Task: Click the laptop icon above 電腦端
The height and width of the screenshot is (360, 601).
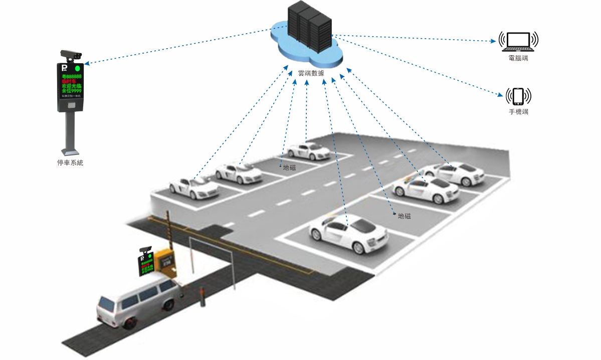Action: tap(518, 41)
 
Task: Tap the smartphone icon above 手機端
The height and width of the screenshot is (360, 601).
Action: tap(518, 95)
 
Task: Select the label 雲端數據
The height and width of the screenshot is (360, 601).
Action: tap(311, 73)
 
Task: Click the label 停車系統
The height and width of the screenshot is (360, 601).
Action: tap(70, 162)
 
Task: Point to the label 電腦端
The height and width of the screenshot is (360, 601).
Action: tap(518, 59)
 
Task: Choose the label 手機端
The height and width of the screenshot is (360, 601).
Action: tap(518, 112)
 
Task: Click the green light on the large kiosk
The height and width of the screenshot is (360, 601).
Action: tap(77, 68)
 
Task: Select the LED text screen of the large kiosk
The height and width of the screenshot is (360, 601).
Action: tap(71, 84)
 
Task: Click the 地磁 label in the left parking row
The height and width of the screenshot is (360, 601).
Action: tap(289, 167)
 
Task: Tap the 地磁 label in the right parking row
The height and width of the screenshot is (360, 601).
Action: tap(404, 216)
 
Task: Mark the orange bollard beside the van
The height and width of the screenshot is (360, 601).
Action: tap(203, 296)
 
